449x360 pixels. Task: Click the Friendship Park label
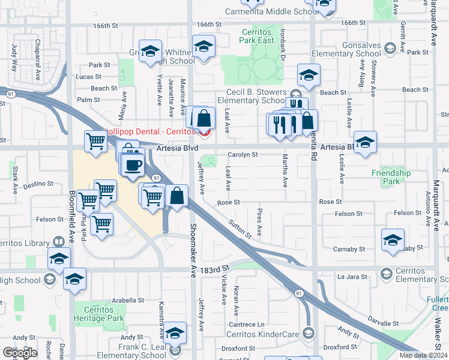[x=391, y=177]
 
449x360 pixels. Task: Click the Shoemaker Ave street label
[x=193, y=250]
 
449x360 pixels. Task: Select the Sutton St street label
[x=239, y=229]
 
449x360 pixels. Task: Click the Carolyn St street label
[x=243, y=154]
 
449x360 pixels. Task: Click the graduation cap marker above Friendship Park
[x=365, y=142]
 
